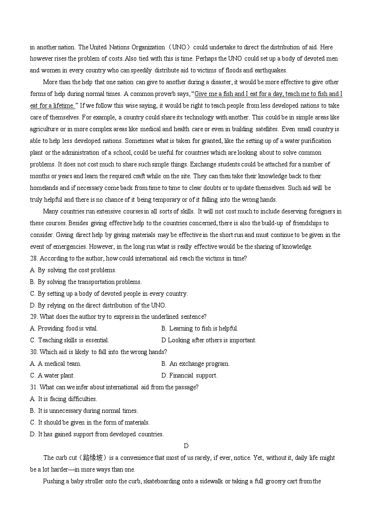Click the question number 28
coord(34,258)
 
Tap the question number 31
coord(34,387)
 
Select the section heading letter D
coord(186,446)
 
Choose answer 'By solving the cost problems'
coord(77,270)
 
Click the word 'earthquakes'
coord(269,71)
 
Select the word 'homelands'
coord(43,188)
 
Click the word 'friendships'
coord(308,223)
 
